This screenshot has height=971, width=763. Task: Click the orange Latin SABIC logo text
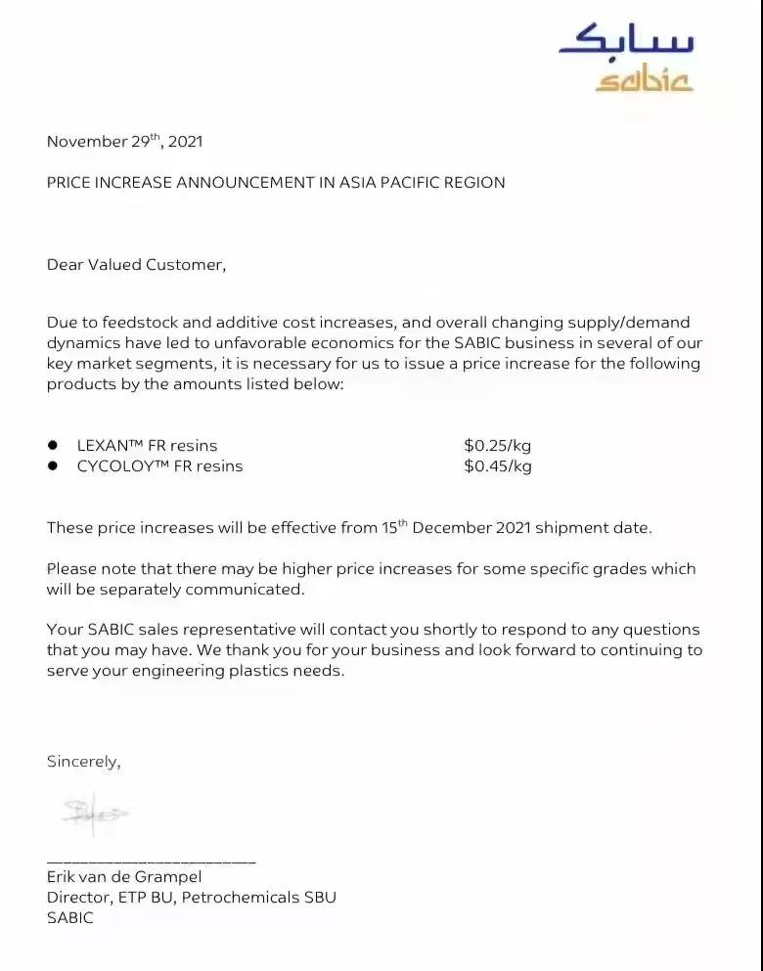coord(644,80)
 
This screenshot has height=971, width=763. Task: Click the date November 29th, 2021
coord(124,142)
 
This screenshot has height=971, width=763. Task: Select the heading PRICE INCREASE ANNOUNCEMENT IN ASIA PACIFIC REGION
coord(276,183)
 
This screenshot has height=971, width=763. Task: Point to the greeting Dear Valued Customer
coord(136,265)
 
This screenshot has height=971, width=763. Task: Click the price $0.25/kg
coord(498,446)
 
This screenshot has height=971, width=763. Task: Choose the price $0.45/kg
coord(498,466)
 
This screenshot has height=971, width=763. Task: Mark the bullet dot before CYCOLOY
coord(54,466)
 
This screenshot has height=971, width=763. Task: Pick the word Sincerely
coord(83,762)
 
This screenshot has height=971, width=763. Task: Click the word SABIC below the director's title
coord(70,918)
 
